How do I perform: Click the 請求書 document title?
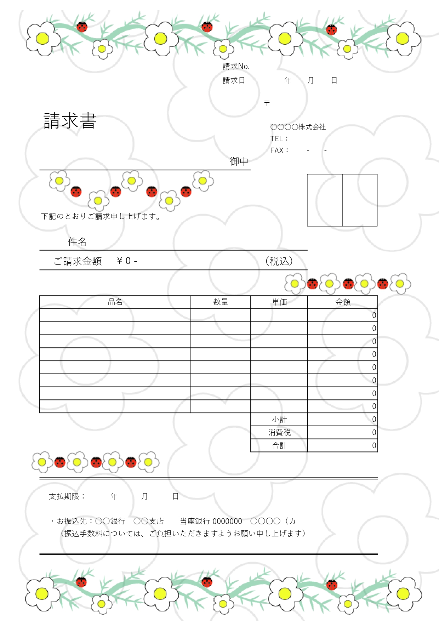70,121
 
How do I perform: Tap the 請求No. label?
236,66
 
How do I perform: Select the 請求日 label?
234,80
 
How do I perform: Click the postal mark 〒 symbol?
267,103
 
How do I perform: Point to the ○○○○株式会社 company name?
298,127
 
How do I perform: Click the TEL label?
279,139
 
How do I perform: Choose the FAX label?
279,150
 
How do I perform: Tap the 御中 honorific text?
239,161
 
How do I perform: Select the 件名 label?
77,242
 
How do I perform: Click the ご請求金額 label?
78,261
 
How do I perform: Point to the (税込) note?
279,261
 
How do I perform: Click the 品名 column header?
115,302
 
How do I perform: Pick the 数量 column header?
221,302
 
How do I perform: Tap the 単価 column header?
279,302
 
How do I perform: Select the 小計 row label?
279,420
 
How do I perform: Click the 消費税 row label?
279,432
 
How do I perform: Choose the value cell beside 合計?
342,445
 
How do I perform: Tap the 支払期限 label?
67,496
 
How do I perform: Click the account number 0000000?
227,521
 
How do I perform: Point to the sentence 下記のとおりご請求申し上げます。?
101,216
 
